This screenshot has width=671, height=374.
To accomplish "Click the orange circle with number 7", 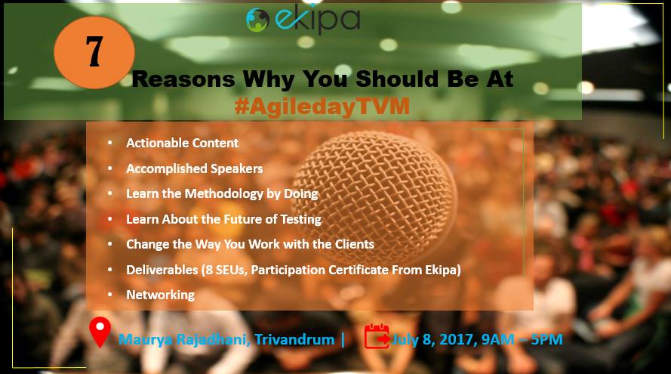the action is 94,52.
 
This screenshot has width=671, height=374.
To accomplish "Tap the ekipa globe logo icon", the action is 257,20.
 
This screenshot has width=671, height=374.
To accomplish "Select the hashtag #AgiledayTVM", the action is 322,107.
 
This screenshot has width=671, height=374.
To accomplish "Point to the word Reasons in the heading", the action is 183,79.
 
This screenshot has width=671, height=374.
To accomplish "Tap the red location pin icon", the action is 100,332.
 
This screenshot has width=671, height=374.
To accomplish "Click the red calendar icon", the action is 377,336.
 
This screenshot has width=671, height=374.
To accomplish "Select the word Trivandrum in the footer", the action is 294,340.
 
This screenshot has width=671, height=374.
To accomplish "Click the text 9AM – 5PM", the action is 522,339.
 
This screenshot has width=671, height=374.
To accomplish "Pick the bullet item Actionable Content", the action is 183,143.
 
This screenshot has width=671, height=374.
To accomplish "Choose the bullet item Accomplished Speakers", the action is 194,168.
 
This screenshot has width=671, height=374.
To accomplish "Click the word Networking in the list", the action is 161,295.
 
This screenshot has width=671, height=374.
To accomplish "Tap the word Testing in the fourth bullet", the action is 301,219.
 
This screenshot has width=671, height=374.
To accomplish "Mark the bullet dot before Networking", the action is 110,295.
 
